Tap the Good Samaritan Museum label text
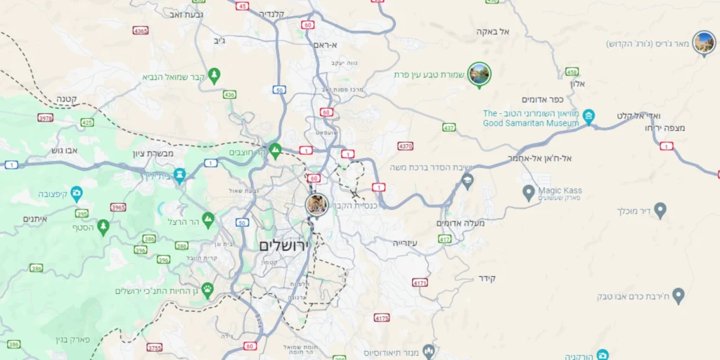coord(531,118)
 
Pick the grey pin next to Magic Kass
coord(529,191)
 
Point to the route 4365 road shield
coord(141,30)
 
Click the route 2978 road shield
coord(45,118)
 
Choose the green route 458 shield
coord(572,72)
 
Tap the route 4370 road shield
coord(405,146)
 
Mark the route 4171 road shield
coord(420,283)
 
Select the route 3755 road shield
coord(155,347)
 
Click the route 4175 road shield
coord(382,318)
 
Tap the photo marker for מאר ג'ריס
coord(703,42)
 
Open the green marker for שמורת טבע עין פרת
coord(480,73)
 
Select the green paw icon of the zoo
coord(207,289)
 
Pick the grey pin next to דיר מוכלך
coord(660,209)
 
